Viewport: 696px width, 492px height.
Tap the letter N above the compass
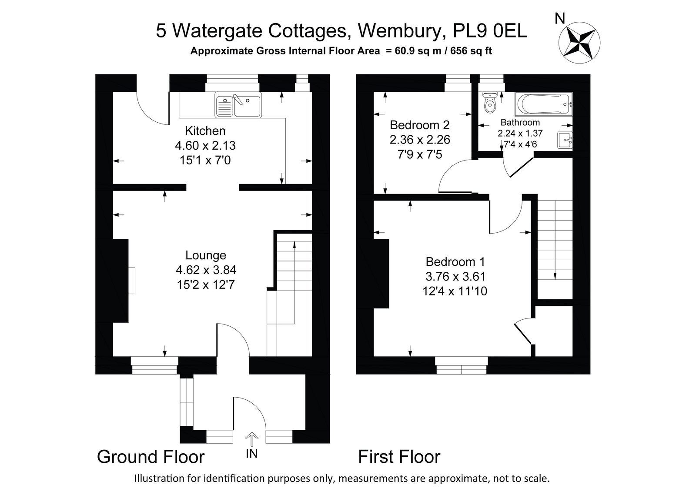coord(560,19)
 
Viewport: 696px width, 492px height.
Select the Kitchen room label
coord(205,131)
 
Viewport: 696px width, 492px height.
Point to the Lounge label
coord(206,255)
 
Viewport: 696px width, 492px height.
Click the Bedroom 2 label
coord(420,125)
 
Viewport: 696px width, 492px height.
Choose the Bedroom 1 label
coord(455,262)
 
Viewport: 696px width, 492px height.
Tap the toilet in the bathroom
coord(490,103)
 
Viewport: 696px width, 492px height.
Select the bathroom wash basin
coord(565,141)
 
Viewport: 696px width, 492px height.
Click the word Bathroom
coord(520,122)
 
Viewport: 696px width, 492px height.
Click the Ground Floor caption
coord(151,457)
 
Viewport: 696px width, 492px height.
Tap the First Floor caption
coord(399,457)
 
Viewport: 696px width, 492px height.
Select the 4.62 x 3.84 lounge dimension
coord(206,270)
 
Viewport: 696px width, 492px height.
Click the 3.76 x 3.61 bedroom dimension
coord(455,276)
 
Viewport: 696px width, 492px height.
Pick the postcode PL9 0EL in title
coord(490,31)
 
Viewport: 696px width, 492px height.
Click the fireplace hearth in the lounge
coord(132,280)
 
